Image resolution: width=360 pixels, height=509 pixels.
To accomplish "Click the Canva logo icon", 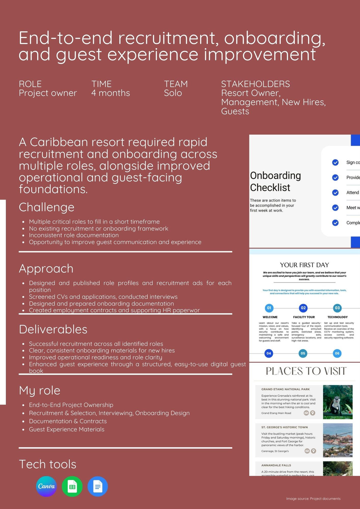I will tap(46, 486).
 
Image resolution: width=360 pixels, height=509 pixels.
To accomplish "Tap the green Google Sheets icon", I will tap(72, 486).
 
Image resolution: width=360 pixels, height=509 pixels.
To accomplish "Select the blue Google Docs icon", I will tap(98, 486).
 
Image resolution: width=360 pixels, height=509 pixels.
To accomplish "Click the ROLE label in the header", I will tap(30, 84).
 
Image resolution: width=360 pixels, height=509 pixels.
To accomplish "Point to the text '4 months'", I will tap(110, 93).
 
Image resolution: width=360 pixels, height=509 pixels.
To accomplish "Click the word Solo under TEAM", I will tap(173, 93).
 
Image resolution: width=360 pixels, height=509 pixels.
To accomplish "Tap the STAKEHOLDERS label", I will tap(255, 84).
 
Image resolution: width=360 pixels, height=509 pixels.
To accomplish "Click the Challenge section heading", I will tap(47, 207).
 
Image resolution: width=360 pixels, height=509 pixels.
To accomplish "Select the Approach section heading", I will tap(46, 269).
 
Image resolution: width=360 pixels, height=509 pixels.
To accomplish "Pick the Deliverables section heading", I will tap(53, 329).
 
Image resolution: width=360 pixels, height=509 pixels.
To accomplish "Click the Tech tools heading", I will tap(48, 464).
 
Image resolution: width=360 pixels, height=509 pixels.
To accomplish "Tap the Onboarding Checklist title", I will tap(275, 181).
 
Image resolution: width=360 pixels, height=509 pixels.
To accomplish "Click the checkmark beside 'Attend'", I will tap(335, 193).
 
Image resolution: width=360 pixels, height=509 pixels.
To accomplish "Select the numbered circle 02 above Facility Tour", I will tap(303, 308).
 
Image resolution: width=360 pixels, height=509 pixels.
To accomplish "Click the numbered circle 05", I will tap(303, 353).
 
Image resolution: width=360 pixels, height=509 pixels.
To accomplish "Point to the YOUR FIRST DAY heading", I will tap(304, 265).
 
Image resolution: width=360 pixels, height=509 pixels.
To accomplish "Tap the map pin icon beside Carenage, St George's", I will tap(314, 451).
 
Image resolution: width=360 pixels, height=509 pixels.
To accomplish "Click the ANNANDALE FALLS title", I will tap(276, 465).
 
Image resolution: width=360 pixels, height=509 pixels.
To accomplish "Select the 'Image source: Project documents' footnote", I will tap(313, 499).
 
